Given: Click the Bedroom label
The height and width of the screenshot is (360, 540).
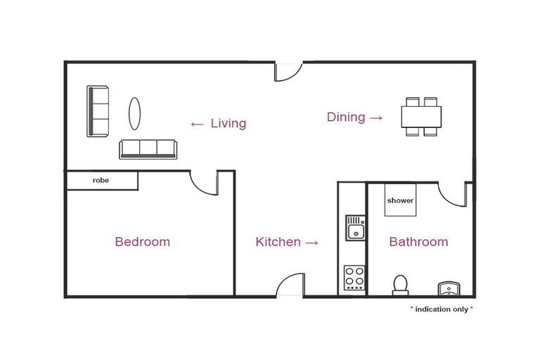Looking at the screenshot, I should click(142, 242).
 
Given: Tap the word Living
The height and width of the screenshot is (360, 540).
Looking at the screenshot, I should click(229, 124).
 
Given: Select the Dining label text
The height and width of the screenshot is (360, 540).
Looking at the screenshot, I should click(346, 117).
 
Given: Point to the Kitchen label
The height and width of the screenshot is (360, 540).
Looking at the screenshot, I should click(278, 242).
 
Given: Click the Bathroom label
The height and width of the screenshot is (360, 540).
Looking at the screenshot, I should click(418, 242).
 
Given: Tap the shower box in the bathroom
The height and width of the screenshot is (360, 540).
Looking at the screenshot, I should click(400, 200).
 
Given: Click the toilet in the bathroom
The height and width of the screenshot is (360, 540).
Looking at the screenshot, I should click(400, 284).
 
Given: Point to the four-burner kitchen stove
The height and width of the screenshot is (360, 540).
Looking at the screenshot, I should click(354, 278).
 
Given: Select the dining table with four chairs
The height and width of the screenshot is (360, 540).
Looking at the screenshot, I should click(422, 116).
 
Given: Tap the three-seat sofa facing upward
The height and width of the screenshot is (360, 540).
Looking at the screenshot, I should click(147, 148).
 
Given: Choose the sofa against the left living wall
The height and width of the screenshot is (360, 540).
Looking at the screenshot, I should click(98, 111).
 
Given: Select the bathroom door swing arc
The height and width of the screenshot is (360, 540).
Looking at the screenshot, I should click(452, 193).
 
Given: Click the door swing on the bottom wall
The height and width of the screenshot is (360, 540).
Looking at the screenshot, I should click(290, 285).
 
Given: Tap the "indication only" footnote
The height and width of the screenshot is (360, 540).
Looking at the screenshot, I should click(442, 309).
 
